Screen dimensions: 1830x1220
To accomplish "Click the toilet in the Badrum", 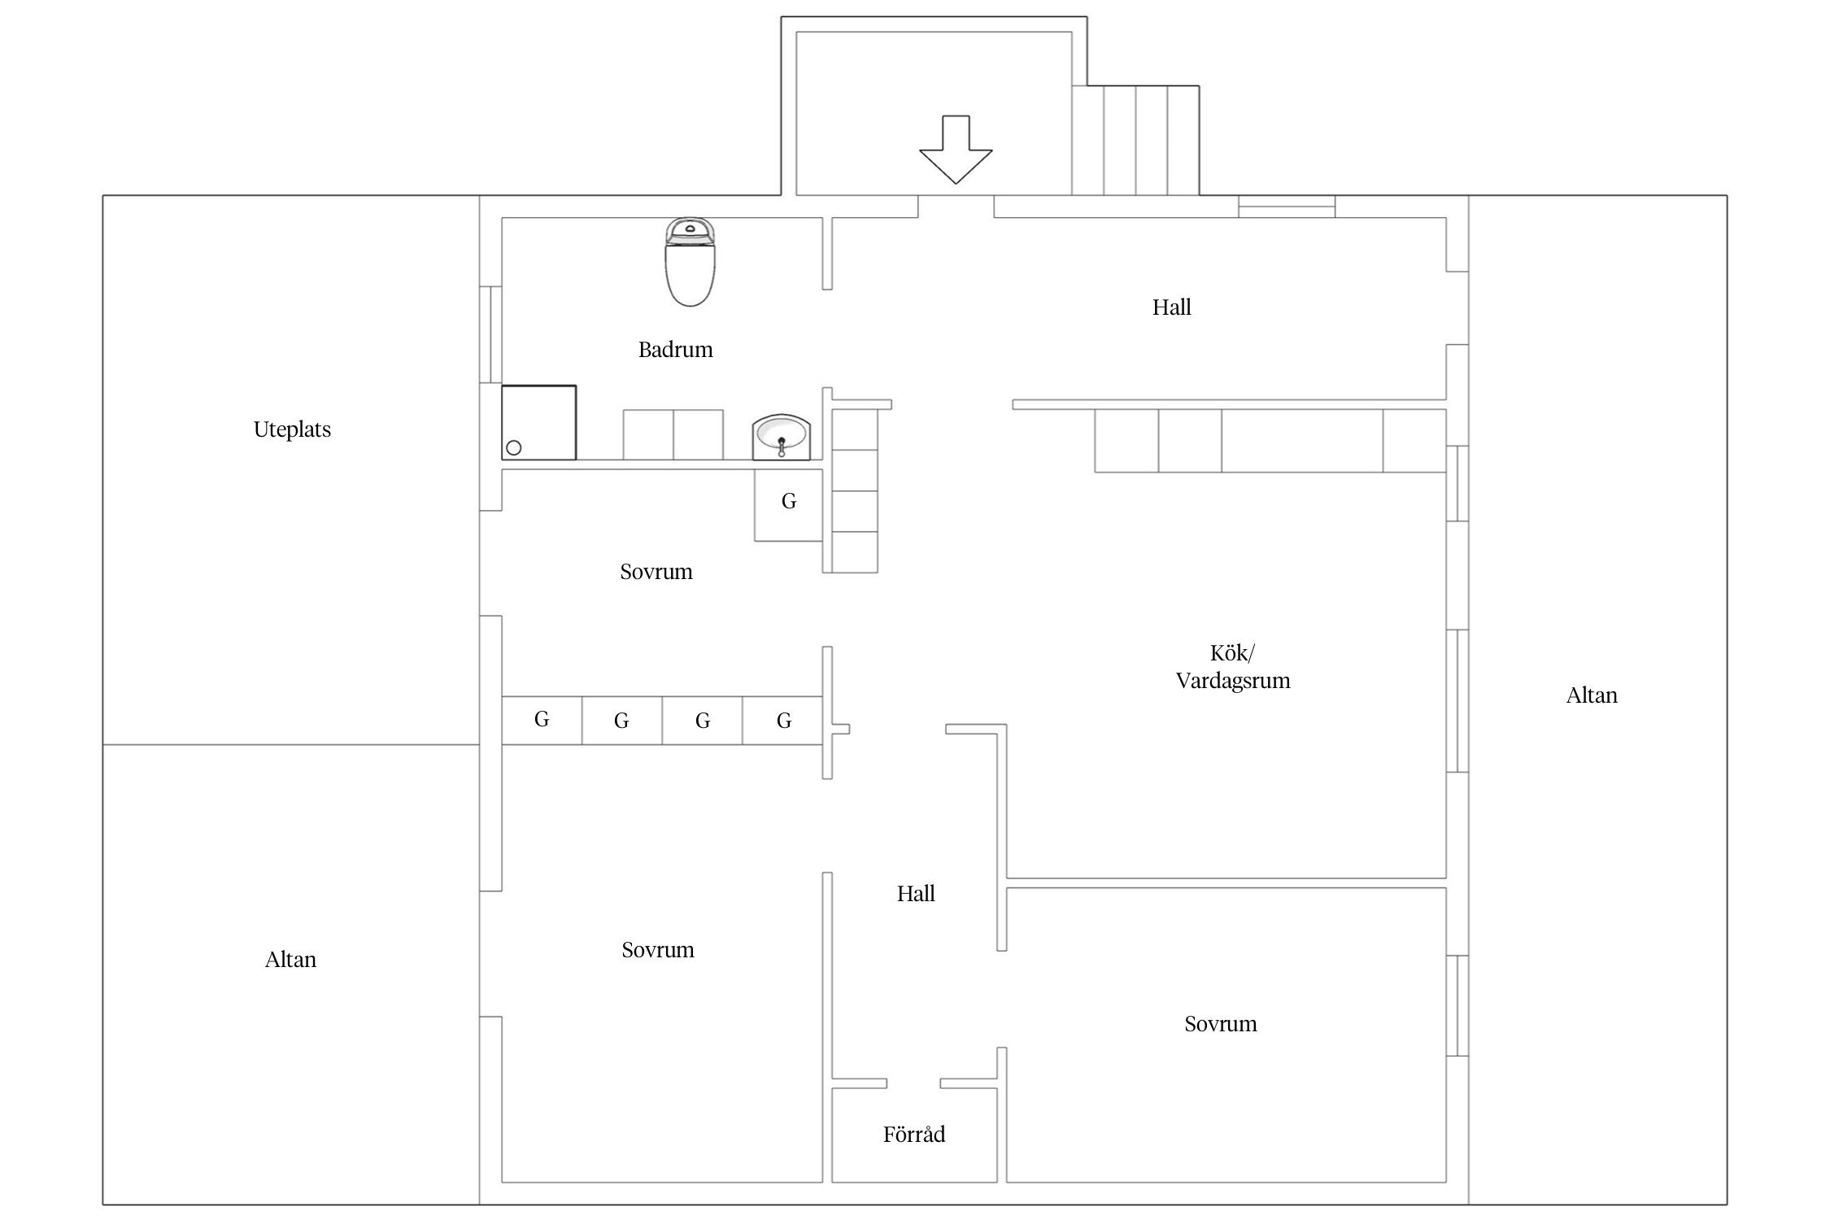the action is (x=690, y=262).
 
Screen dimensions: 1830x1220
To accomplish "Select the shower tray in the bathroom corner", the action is (x=538, y=423).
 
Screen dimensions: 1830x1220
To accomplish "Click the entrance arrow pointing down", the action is (x=956, y=150).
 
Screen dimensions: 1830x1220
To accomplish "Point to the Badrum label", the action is (x=675, y=350).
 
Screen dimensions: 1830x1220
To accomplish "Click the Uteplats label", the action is (x=292, y=429).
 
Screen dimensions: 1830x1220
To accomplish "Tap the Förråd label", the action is (x=914, y=1134).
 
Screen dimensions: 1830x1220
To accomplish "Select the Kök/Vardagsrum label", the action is (x=1233, y=667).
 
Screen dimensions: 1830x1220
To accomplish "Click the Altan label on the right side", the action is (x=1592, y=695).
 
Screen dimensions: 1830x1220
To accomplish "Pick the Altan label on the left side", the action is (x=290, y=960).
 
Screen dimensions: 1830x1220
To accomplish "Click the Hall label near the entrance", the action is (x=1171, y=307).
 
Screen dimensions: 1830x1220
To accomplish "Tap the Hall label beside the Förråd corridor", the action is (x=916, y=894).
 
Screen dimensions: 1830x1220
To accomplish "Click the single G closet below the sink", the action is (x=789, y=501).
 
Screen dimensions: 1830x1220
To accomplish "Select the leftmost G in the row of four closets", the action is (x=542, y=719).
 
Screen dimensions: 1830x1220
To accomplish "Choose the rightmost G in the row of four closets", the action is (x=784, y=720).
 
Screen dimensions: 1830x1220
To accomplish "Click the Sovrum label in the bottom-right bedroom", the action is (x=1220, y=1024).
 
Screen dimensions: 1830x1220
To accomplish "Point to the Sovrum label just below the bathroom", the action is (x=656, y=572).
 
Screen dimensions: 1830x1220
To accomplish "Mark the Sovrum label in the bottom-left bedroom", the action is (x=658, y=950).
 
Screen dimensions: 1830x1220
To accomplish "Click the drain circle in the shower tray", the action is (x=514, y=447).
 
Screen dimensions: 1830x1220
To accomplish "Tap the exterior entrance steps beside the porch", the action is (x=1135, y=140).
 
